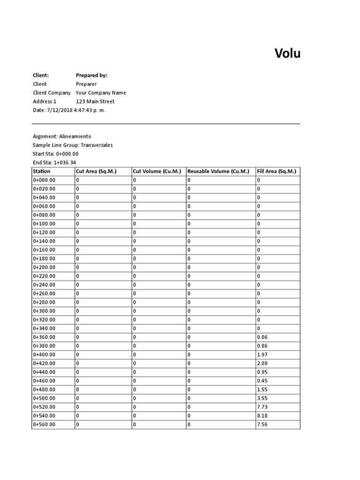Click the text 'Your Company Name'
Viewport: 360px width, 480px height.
(101, 93)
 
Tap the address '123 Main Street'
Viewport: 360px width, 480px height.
(95, 101)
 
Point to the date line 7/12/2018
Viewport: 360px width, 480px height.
(69, 110)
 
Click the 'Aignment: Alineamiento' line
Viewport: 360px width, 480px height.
(59, 136)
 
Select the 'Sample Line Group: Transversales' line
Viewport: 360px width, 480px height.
(73, 145)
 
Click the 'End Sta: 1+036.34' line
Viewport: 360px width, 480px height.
(54, 163)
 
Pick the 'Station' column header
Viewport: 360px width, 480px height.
(41, 172)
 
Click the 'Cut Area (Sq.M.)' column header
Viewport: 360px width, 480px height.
(96, 172)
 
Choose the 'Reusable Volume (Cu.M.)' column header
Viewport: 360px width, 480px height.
(218, 172)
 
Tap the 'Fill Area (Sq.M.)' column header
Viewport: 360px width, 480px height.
(277, 172)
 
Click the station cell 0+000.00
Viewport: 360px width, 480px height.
(44, 180)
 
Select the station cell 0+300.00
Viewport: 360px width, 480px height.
(44, 311)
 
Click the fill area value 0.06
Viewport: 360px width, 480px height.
(262, 337)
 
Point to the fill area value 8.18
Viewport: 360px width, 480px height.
(262, 416)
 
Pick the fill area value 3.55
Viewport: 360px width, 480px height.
(262, 398)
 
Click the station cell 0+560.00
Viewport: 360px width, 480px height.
(44, 424)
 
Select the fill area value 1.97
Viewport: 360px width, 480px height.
(262, 354)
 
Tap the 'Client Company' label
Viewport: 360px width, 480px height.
(52, 93)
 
